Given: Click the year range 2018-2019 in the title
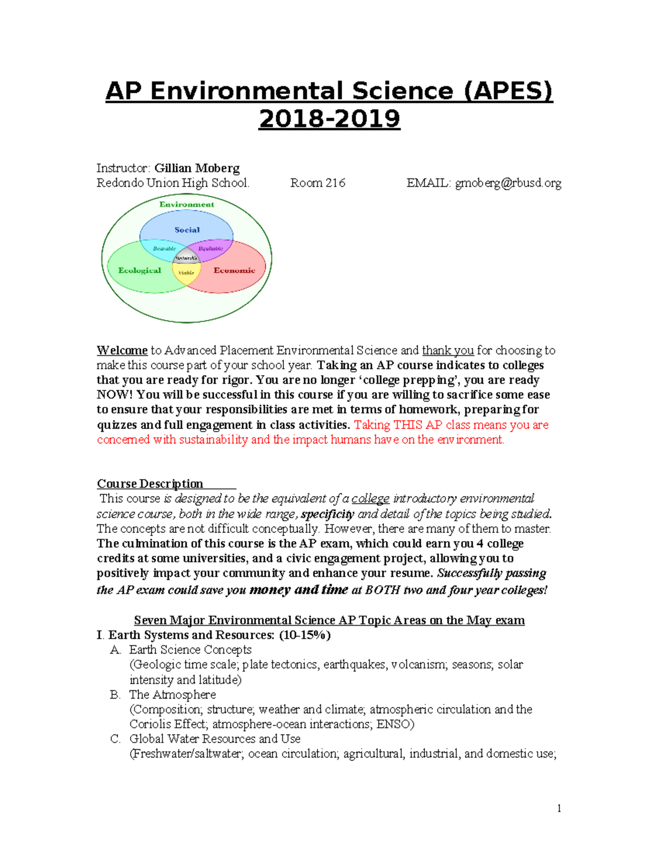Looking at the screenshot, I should coord(329,119).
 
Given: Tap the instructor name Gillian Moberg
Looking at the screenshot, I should coord(197,168).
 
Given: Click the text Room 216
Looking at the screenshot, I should coord(317,183).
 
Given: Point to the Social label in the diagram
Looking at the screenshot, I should coord(187,230).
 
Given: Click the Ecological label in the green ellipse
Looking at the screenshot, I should coord(139,270).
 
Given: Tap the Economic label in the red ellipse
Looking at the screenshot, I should coord(234,270).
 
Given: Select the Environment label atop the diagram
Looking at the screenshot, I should coord(187,204).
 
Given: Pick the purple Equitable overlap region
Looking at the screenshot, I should coord(211,248).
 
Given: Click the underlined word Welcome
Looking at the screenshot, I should coord(122,350).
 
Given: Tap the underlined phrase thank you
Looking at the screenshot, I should coord(448,350).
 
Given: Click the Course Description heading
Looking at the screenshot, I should coord(150,484).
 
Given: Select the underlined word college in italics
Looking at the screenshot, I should coord(370,499).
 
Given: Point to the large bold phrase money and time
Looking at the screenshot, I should coord(298,590).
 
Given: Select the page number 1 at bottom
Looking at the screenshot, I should coord(559,808).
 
